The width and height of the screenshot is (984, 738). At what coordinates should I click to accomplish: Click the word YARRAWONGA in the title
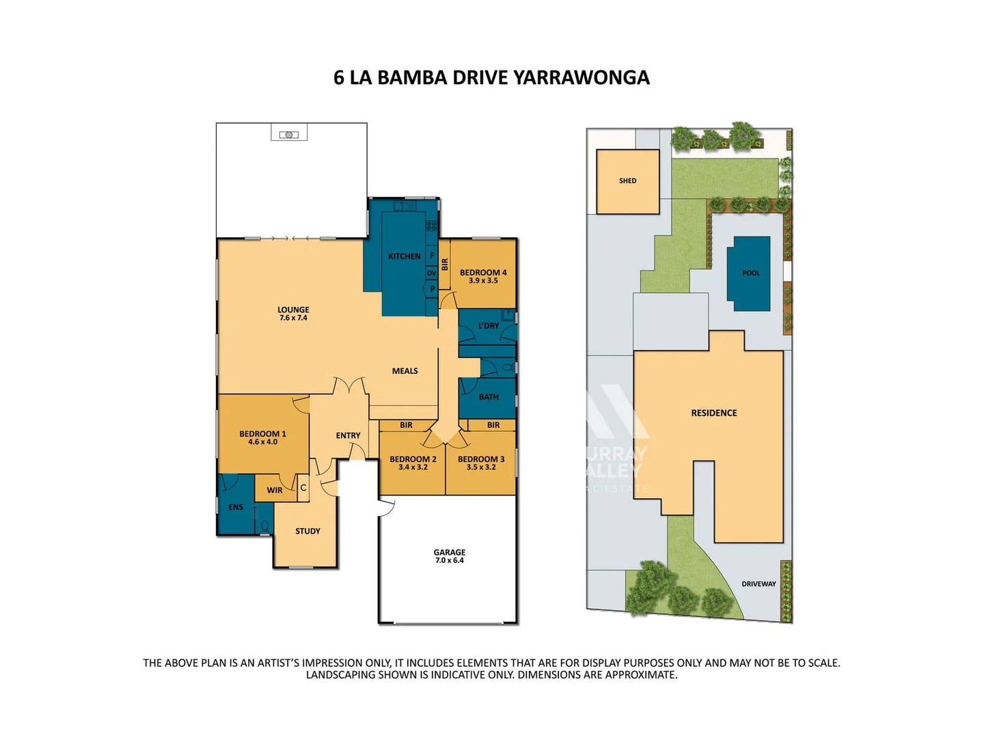click(581, 78)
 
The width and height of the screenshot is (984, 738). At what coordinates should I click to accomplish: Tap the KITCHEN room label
click(404, 257)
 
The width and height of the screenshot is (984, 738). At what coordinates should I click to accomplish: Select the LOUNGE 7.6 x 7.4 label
click(293, 314)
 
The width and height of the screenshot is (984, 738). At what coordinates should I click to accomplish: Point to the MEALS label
click(405, 371)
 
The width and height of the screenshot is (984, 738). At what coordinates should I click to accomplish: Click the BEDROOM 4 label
click(483, 276)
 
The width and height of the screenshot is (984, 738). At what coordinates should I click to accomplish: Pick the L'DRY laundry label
click(489, 326)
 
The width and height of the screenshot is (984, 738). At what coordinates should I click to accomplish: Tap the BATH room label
click(489, 397)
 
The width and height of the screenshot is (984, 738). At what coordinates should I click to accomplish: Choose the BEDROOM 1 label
click(262, 437)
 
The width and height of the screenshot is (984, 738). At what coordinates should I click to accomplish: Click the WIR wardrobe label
click(275, 490)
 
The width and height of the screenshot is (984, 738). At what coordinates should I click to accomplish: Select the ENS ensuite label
click(236, 507)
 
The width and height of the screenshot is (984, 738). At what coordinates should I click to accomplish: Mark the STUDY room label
click(307, 531)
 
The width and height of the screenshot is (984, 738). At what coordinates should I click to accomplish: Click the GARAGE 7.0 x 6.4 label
click(449, 556)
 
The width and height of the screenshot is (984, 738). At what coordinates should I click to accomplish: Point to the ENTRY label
click(348, 435)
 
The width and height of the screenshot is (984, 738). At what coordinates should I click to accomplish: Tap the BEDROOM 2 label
click(413, 463)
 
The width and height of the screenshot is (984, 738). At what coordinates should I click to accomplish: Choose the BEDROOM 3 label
click(481, 463)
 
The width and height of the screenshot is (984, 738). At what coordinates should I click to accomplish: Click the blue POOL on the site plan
click(750, 273)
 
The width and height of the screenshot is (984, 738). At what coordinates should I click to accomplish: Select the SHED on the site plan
click(627, 181)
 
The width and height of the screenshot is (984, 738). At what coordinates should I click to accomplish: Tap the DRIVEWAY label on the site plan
click(758, 584)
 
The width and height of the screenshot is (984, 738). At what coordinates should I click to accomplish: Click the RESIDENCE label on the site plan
click(713, 413)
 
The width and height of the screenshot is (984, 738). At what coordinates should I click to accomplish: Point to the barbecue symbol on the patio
click(289, 135)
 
